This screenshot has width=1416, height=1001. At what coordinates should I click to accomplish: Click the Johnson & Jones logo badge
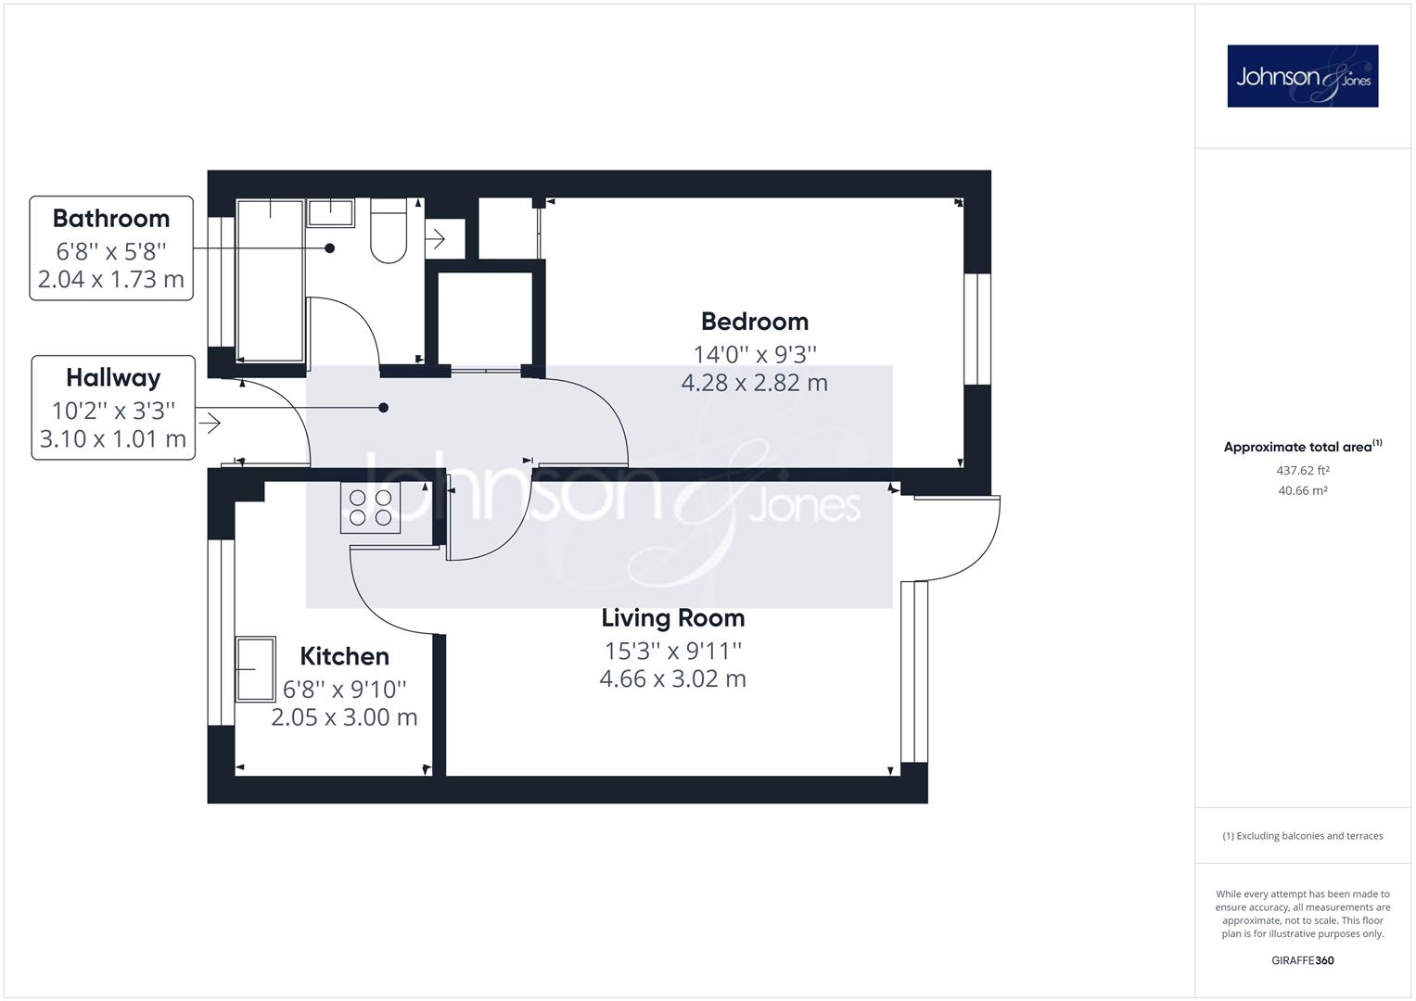(1302, 76)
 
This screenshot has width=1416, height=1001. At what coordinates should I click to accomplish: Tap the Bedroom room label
(755, 322)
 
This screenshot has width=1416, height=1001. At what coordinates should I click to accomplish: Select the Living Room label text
(672, 618)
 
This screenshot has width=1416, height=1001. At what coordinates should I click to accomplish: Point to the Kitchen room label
(345, 656)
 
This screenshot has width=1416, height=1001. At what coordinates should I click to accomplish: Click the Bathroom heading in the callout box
(111, 219)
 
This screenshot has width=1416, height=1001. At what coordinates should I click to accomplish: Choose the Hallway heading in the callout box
(114, 378)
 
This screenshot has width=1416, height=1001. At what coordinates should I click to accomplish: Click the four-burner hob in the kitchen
(370, 508)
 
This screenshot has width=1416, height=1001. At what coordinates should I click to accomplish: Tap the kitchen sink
(255, 669)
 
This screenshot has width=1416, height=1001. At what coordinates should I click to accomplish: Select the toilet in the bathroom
(389, 231)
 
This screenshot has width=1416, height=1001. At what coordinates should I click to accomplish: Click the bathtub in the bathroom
(270, 281)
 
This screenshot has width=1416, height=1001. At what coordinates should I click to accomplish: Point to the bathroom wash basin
(331, 213)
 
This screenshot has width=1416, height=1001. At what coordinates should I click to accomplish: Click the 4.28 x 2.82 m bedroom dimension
(755, 383)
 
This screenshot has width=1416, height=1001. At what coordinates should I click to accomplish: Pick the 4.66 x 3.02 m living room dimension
(672, 678)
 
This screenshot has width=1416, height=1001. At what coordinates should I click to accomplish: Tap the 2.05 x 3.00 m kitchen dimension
(345, 717)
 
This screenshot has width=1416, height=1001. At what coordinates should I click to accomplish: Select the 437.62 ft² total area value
(1302, 470)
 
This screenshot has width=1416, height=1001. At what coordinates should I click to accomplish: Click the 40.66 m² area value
(1302, 490)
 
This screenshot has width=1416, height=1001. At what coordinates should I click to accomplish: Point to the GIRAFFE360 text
(1302, 960)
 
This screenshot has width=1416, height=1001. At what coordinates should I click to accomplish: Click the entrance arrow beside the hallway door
(210, 423)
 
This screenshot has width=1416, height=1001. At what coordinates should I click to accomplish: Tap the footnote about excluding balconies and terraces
(1302, 836)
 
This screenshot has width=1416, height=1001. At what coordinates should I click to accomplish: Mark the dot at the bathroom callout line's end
(329, 248)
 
